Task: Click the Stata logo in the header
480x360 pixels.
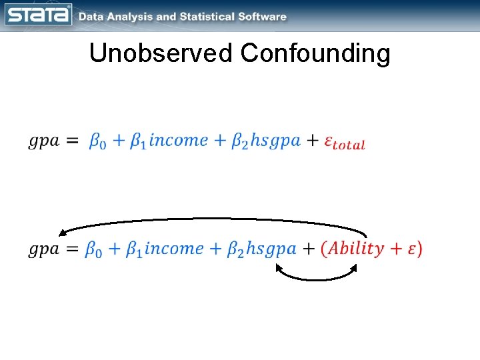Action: click(38, 15)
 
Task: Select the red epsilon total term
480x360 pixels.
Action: click(344, 142)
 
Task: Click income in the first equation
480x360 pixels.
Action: click(179, 141)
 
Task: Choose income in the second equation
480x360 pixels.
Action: click(174, 249)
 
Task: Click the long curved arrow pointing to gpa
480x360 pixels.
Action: click(213, 219)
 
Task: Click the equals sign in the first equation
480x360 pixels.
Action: click(73, 141)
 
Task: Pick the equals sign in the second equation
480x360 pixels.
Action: click(73, 249)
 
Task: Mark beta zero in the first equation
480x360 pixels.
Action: click(97, 142)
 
